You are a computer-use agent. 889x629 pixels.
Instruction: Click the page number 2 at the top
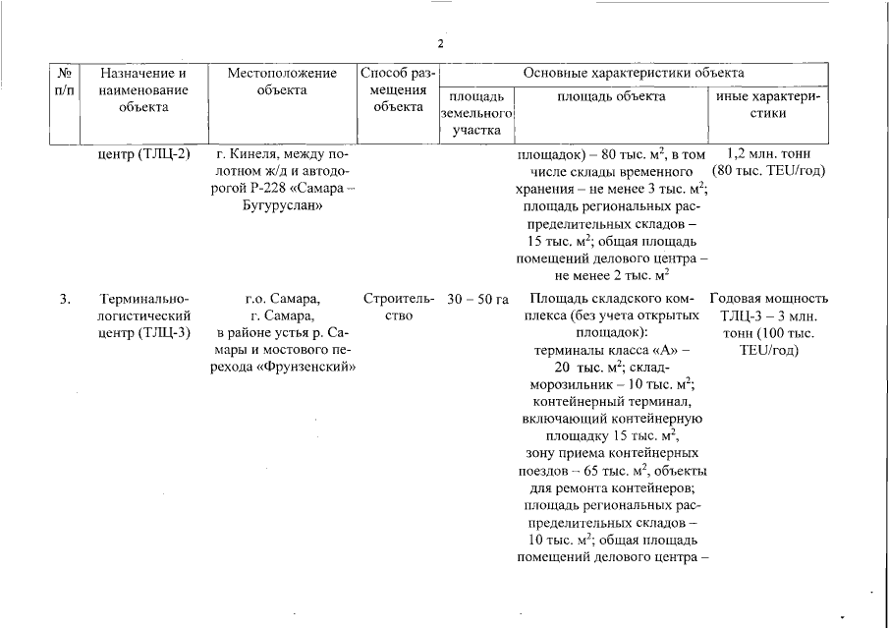(441, 44)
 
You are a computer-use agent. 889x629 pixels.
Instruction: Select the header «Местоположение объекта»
(282, 82)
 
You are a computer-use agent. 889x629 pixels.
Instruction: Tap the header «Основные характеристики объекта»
(633, 73)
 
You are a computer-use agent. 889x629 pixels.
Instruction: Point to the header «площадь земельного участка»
(476, 113)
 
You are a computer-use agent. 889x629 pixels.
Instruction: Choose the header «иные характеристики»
(770, 105)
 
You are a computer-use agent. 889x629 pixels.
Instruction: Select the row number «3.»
(63, 298)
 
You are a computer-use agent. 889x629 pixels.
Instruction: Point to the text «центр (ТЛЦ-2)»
(145, 153)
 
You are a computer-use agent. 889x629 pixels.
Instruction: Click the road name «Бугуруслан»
(282, 206)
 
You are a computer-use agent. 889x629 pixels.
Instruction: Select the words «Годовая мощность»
(768, 298)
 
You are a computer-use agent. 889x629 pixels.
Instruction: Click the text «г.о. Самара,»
(283, 298)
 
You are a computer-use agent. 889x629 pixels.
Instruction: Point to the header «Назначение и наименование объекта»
(144, 89)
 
